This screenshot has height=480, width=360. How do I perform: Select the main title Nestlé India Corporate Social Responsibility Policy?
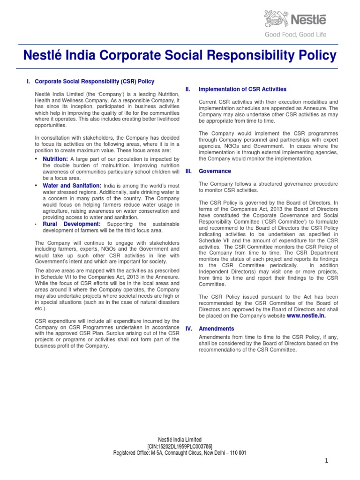(x=180, y=56)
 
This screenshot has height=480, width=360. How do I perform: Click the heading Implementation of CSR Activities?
(x=242, y=89)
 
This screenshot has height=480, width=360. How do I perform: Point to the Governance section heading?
(x=215, y=171)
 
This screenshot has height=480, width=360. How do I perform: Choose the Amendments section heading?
(x=217, y=329)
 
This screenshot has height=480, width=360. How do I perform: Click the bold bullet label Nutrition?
(x=55, y=159)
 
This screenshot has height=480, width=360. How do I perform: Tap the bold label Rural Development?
(x=72, y=224)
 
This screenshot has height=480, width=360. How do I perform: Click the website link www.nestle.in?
(x=306, y=316)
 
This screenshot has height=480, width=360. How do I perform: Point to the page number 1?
(x=327, y=461)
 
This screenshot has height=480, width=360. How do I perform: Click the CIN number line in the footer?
(x=180, y=446)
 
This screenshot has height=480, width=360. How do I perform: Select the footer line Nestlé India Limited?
(x=180, y=440)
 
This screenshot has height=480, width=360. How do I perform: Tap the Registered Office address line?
(x=180, y=453)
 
